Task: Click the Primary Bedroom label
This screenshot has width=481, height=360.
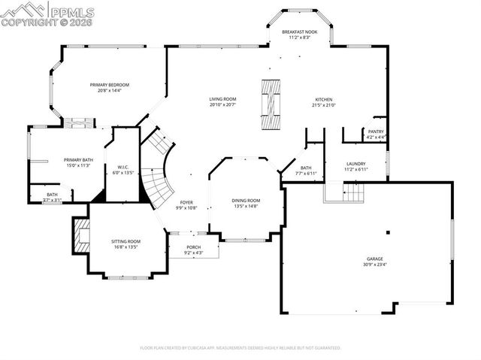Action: point(110,85)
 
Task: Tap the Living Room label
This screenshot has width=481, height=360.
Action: point(222,99)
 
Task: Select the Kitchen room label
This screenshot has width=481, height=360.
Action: point(324,99)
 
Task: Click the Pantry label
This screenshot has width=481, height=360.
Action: point(376,132)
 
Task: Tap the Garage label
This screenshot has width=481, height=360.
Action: point(374,259)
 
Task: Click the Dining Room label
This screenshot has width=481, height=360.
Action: point(246,200)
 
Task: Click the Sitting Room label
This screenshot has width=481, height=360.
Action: point(126,241)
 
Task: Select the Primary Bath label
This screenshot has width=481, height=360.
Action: point(78,159)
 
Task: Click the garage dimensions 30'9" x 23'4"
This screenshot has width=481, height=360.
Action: point(374,265)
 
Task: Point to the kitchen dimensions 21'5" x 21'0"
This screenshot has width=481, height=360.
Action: point(324,105)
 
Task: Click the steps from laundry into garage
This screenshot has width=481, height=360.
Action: point(343,193)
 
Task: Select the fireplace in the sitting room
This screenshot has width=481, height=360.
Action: point(80,235)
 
